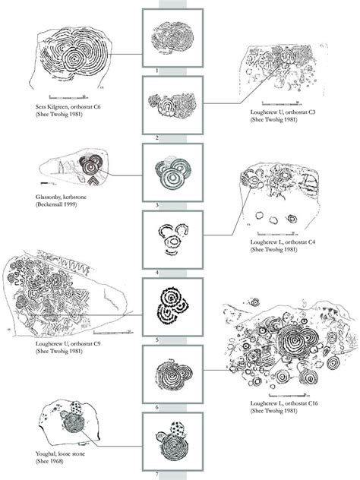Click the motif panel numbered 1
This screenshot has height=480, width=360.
tap(172, 37)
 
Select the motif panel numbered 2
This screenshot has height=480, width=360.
tap(172, 105)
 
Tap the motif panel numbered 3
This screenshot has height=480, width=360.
tap(172, 172)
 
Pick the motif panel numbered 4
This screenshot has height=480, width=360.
tap(172, 240)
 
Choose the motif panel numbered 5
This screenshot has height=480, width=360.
tap(172, 307)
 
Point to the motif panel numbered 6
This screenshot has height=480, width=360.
tap(172, 374)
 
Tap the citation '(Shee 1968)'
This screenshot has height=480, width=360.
tap(44, 463)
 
